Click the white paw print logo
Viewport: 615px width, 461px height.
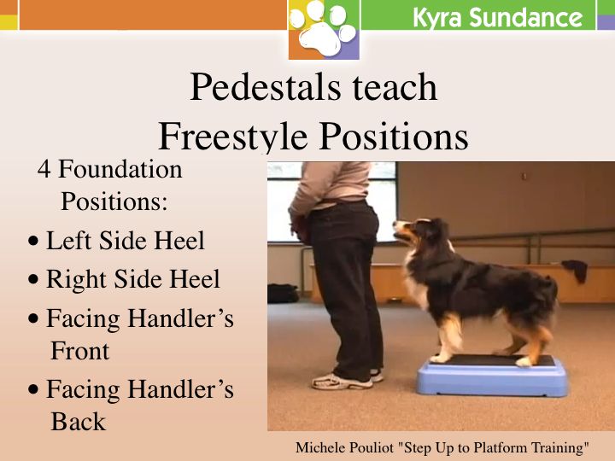tap(323, 29)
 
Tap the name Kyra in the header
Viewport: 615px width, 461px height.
tap(437, 18)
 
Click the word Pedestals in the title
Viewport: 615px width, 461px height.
tap(265, 86)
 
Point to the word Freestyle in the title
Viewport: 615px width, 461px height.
tap(232, 136)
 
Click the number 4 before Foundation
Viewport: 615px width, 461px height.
tap(44, 169)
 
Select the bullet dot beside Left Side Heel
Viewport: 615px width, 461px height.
tap(33, 240)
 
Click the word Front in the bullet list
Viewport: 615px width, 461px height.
tap(80, 350)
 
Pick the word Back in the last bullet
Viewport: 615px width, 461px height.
tap(79, 422)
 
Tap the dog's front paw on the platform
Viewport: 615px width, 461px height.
tap(438, 358)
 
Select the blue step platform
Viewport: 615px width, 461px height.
tap(492, 376)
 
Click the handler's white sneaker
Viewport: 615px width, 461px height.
tap(342, 382)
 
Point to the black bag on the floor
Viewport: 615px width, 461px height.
tap(283, 293)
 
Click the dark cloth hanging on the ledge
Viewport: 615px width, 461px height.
tap(576, 270)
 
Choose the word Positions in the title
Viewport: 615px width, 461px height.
tap(394, 136)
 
